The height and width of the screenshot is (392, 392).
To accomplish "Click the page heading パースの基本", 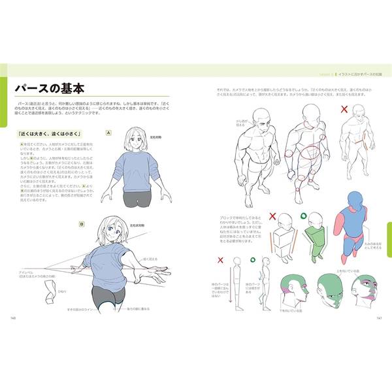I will click(52, 90).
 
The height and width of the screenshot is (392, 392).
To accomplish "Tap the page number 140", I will click(13, 318).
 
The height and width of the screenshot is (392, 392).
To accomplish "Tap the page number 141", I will click(378, 318).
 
